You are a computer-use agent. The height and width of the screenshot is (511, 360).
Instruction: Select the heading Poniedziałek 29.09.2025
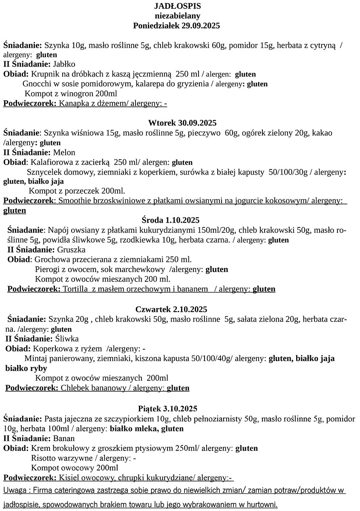pyautogui.click(x=176, y=26)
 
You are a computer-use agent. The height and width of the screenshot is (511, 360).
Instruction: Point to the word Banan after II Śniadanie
pyautogui.click(x=64, y=438)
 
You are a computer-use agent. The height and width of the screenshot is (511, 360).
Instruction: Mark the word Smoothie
pyautogui.click(x=74, y=201)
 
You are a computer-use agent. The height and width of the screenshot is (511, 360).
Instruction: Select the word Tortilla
pyautogui.click(x=76, y=289)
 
